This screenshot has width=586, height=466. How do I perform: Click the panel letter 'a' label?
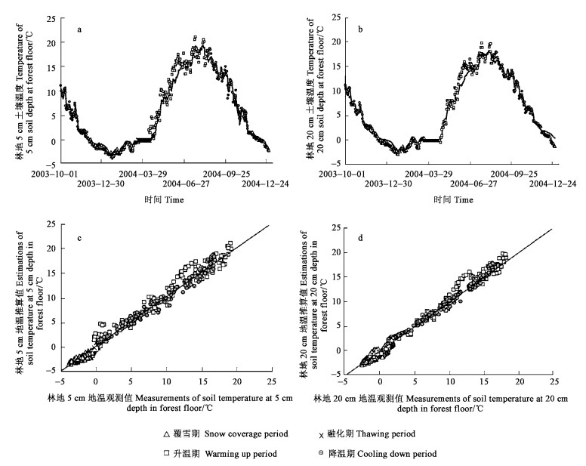pos(80,30)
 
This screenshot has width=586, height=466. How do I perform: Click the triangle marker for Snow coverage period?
pos(168,434)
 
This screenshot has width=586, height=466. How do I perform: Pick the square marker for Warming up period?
pos(168,453)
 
